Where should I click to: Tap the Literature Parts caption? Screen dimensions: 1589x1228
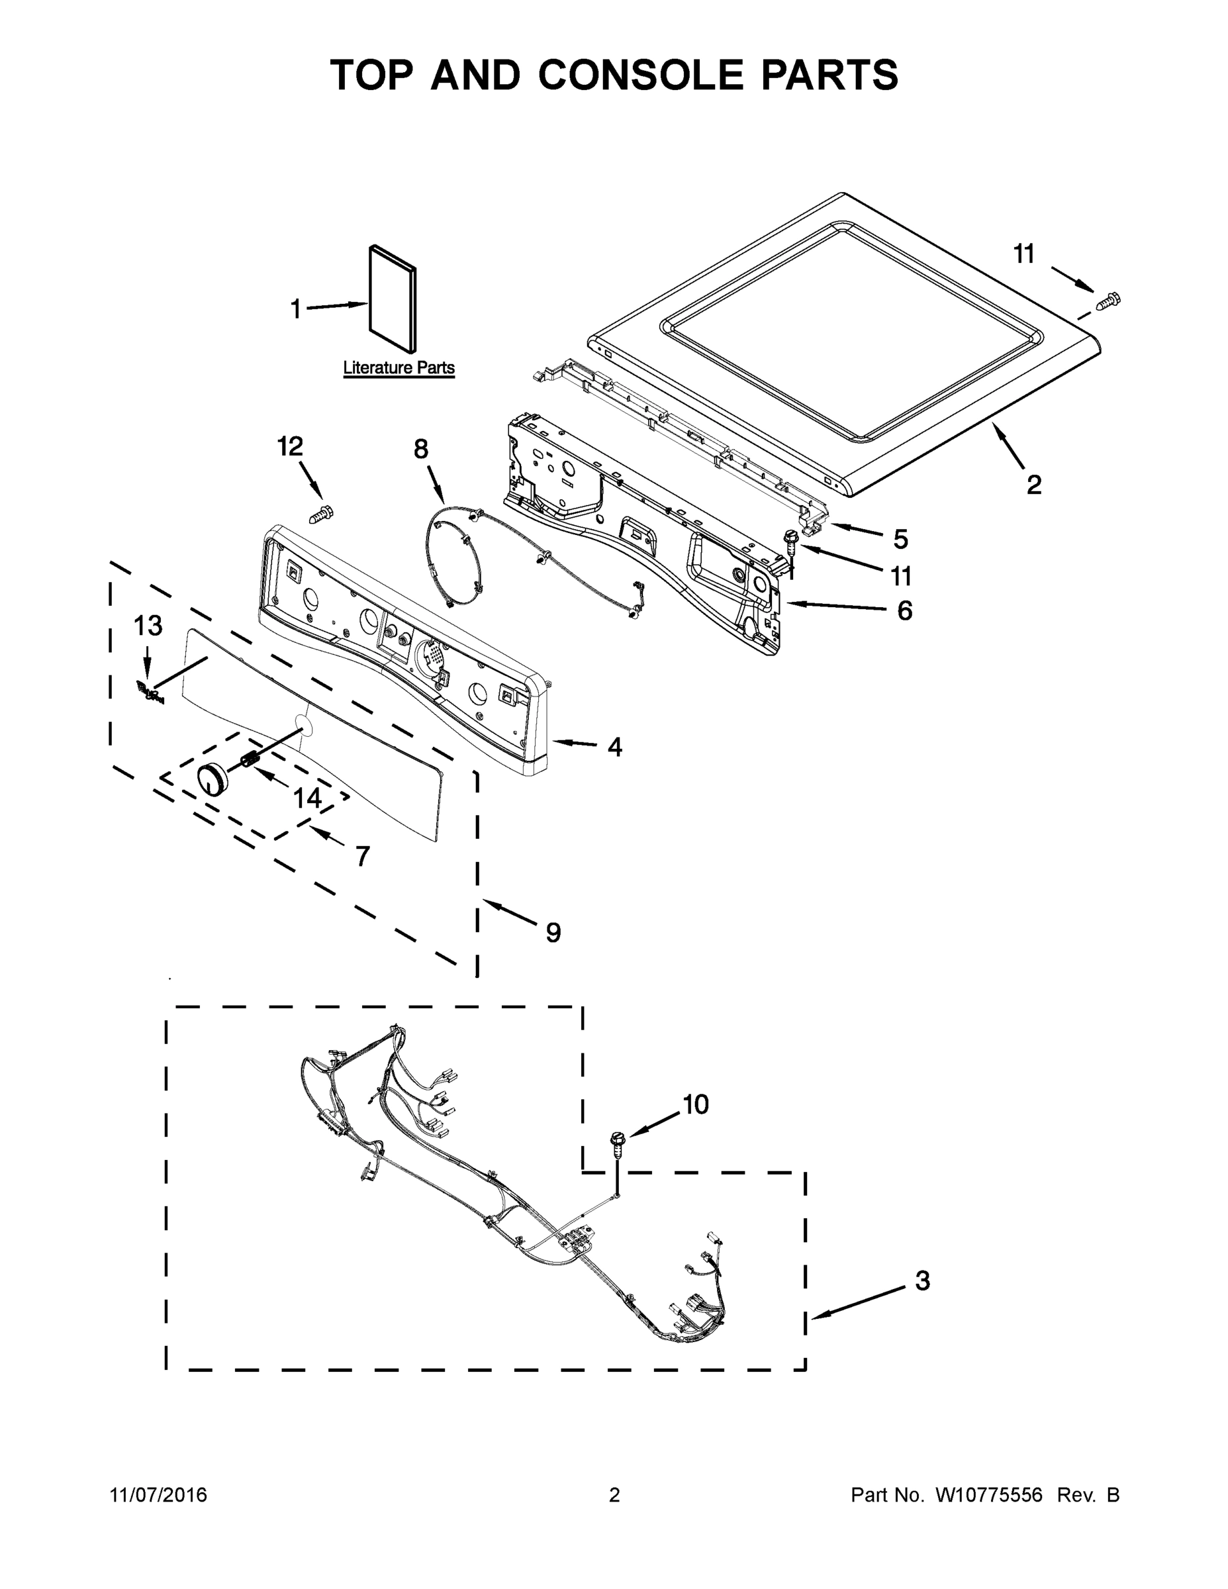point(399,368)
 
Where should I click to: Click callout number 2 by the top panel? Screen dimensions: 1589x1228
point(1034,485)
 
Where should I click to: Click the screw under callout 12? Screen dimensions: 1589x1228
point(322,514)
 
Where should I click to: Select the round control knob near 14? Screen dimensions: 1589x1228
point(213,779)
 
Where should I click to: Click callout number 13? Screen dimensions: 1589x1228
point(148,625)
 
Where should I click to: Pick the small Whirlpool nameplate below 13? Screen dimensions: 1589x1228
point(150,692)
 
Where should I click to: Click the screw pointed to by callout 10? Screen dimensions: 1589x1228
point(618,1143)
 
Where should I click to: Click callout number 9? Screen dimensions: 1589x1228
point(553,932)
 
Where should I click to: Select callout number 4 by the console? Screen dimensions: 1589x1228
point(615,746)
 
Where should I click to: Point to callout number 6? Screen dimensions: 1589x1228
point(904,610)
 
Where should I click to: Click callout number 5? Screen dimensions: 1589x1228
point(900,539)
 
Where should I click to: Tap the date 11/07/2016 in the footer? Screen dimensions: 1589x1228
point(159,1495)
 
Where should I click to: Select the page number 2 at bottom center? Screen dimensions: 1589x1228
point(614,1495)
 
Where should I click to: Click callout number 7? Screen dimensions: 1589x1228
point(362,855)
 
